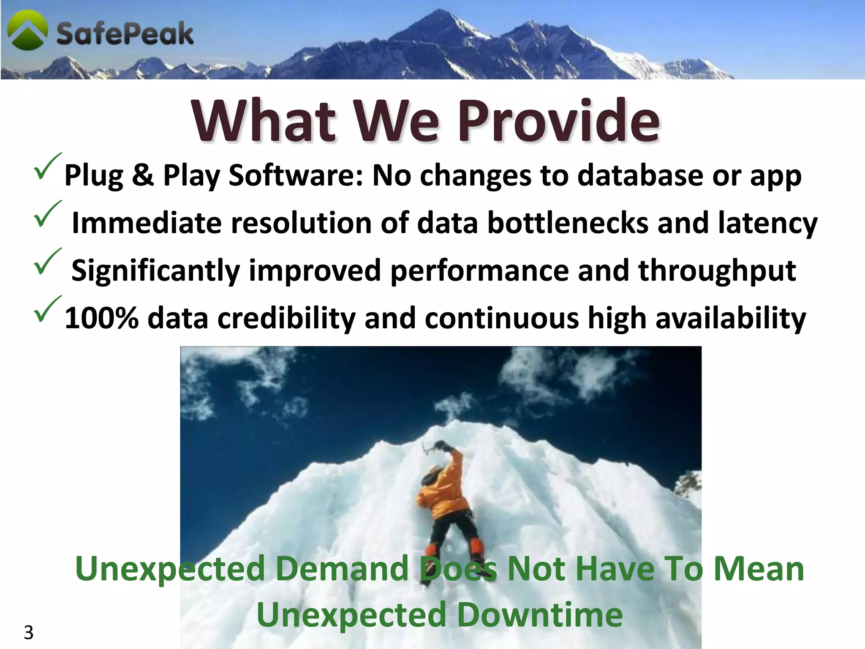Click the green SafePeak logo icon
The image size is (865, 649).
(x=28, y=30)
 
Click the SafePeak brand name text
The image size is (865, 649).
(x=125, y=34)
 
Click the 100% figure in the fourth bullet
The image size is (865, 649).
(x=101, y=318)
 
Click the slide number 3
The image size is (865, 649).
(x=28, y=633)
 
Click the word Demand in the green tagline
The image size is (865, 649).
(x=342, y=569)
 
